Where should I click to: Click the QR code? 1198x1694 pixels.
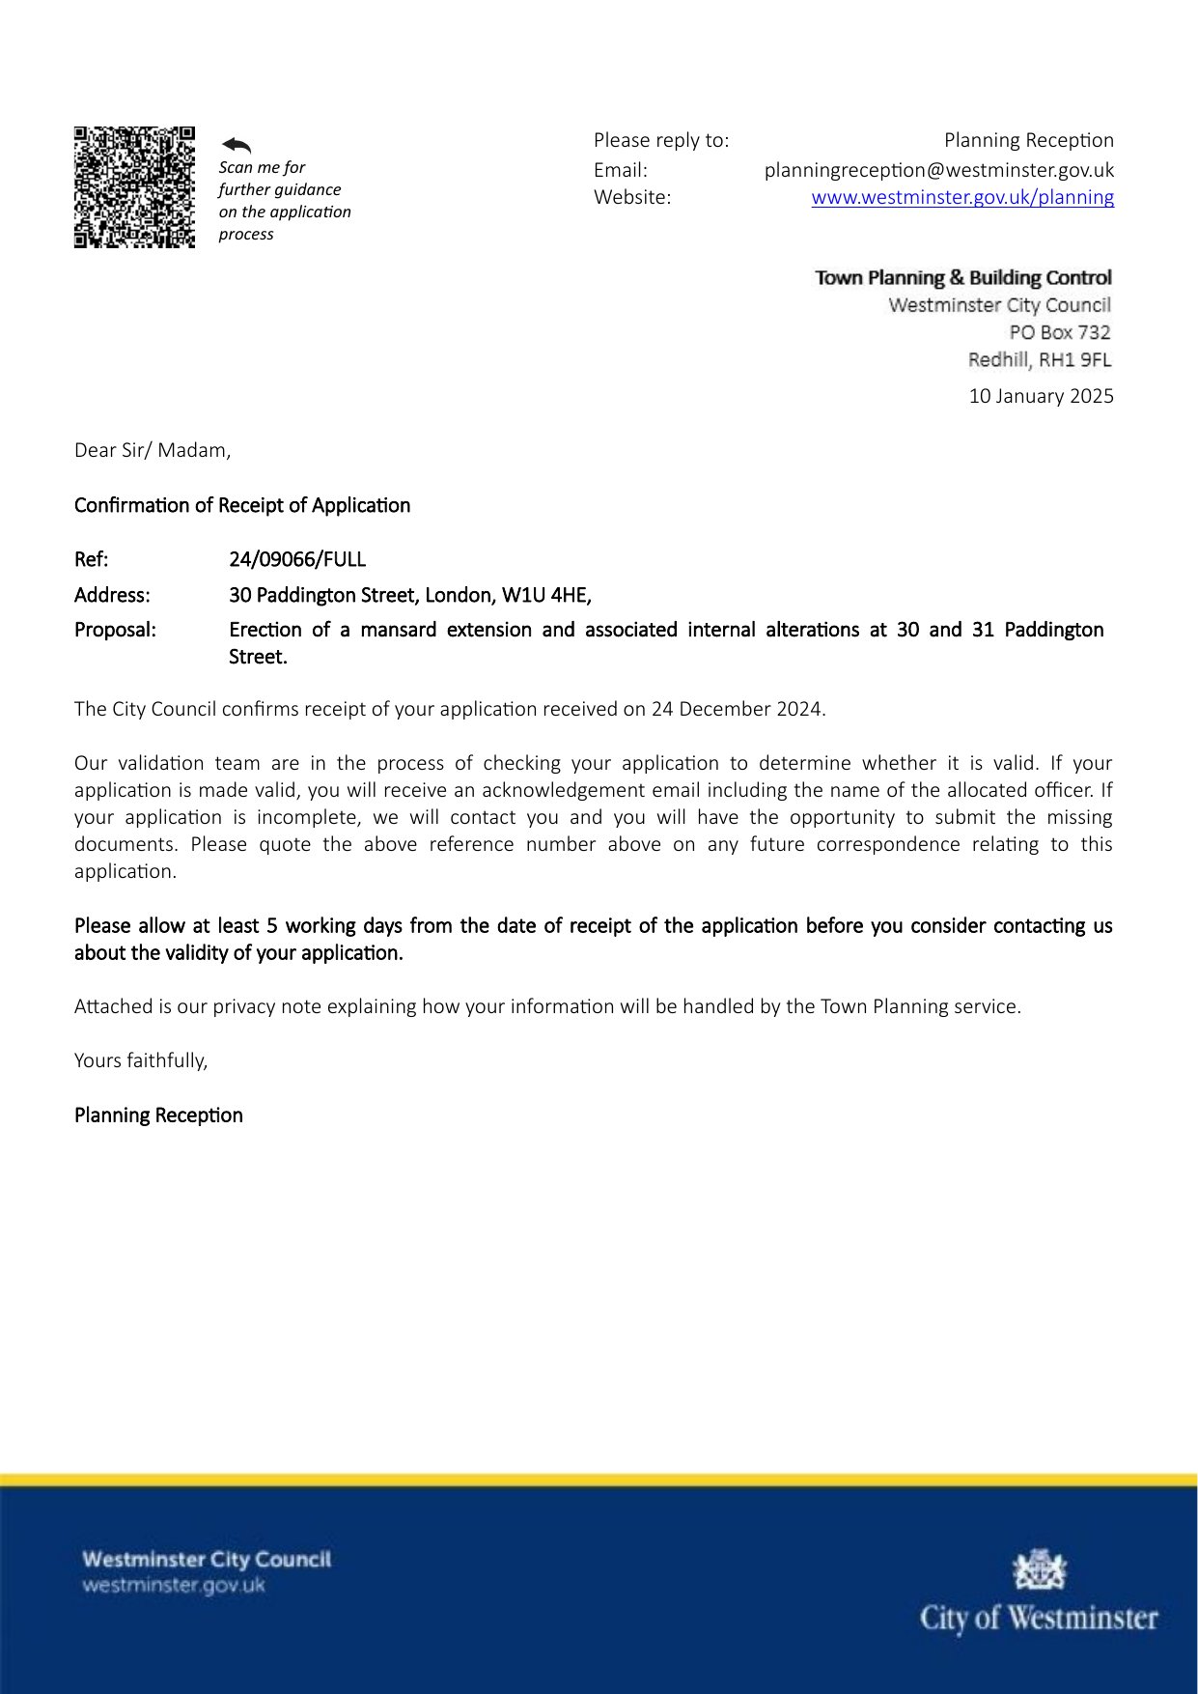point(134,186)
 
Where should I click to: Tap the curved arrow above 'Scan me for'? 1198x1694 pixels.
point(237,145)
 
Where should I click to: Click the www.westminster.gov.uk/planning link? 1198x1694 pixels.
point(962,197)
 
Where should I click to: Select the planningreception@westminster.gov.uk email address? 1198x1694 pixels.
point(938,170)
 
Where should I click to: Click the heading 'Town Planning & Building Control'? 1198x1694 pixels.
point(962,278)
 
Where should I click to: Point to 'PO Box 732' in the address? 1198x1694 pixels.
point(1060,332)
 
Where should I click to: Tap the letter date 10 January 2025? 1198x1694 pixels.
point(1041,396)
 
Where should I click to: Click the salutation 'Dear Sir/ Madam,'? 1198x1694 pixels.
point(153,450)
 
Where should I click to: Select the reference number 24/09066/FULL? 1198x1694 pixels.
point(297,559)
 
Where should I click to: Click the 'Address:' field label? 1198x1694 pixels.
point(112,595)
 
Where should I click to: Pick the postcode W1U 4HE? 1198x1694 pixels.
point(545,595)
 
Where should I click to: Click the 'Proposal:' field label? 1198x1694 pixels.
point(115,630)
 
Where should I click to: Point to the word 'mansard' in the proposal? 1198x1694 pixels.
point(398,630)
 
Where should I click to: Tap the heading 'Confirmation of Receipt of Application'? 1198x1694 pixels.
point(242,505)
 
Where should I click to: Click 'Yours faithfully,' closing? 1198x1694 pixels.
point(141,1060)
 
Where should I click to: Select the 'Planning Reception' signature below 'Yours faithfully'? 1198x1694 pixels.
point(158,1115)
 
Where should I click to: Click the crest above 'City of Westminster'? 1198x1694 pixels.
point(1039,1569)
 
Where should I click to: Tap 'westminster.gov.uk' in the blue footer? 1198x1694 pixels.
point(174,1586)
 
